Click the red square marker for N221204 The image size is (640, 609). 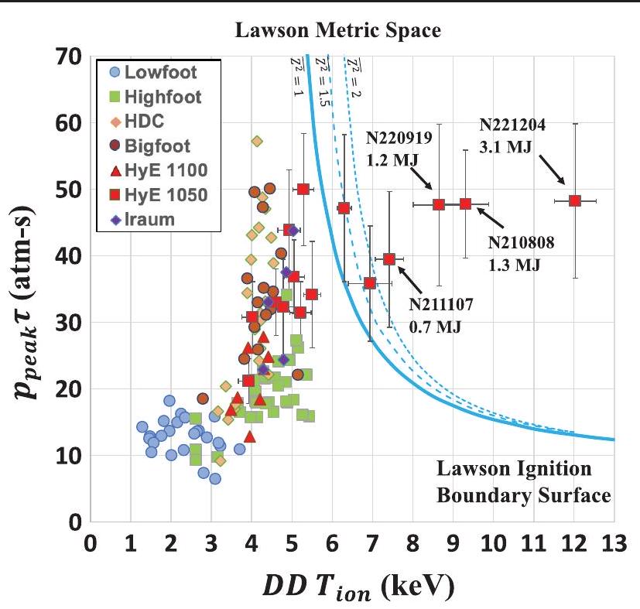(x=574, y=200)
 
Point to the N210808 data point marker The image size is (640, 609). (x=465, y=204)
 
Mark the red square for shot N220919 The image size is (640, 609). (x=439, y=204)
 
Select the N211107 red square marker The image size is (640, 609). (x=389, y=258)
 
